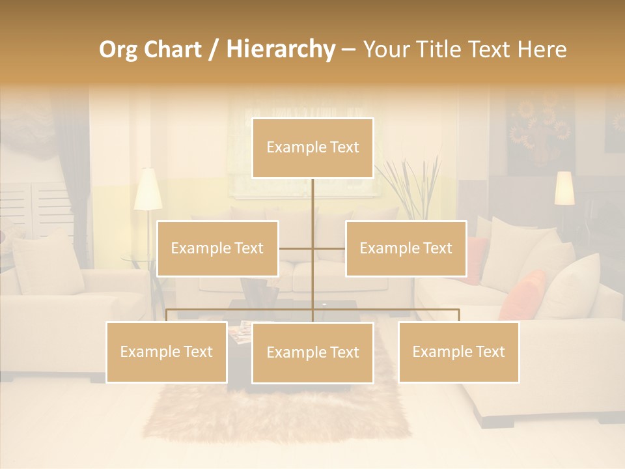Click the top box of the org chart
click(x=312, y=148)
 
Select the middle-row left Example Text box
click(x=217, y=248)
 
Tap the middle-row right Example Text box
click(x=406, y=248)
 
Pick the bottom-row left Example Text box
click(x=167, y=352)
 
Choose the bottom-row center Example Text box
click(x=312, y=352)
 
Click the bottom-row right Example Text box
click(x=458, y=352)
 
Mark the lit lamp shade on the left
click(x=148, y=190)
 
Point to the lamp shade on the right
click(x=564, y=188)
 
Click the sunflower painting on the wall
click(x=540, y=131)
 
